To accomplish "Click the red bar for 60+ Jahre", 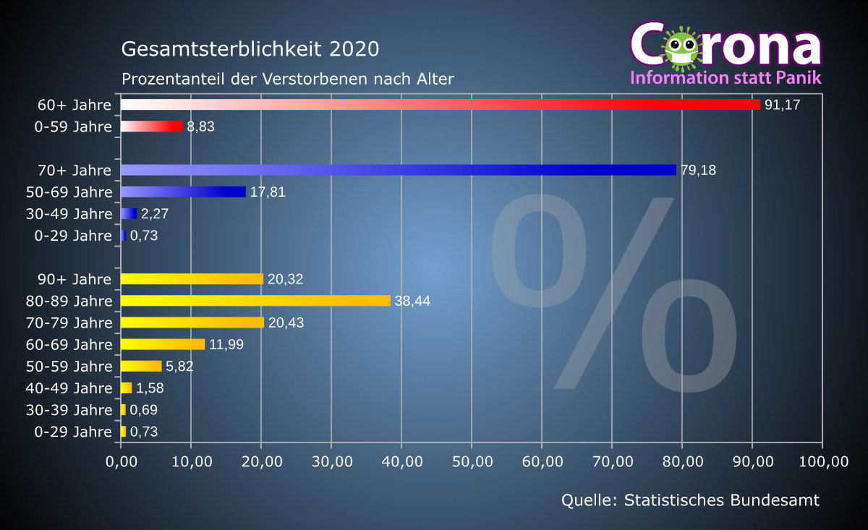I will click(440, 105).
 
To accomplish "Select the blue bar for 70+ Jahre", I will click(398, 170).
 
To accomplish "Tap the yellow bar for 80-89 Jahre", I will click(255, 301).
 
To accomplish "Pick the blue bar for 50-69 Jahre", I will click(183, 192).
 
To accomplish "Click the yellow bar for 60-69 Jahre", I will click(163, 344).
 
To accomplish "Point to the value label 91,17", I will click(783, 106).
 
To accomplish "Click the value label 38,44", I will click(412, 301).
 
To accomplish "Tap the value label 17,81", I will click(268, 192).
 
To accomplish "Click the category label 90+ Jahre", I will click(75, 279).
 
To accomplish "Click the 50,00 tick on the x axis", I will click(472, 462).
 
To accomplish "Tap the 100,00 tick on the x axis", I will click(822, 462).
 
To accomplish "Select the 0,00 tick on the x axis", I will click(122, 462).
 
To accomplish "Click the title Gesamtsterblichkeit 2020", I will click(250, 49).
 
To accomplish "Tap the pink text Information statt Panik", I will click(726, 77).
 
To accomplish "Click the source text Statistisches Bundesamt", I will click(722, 500).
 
